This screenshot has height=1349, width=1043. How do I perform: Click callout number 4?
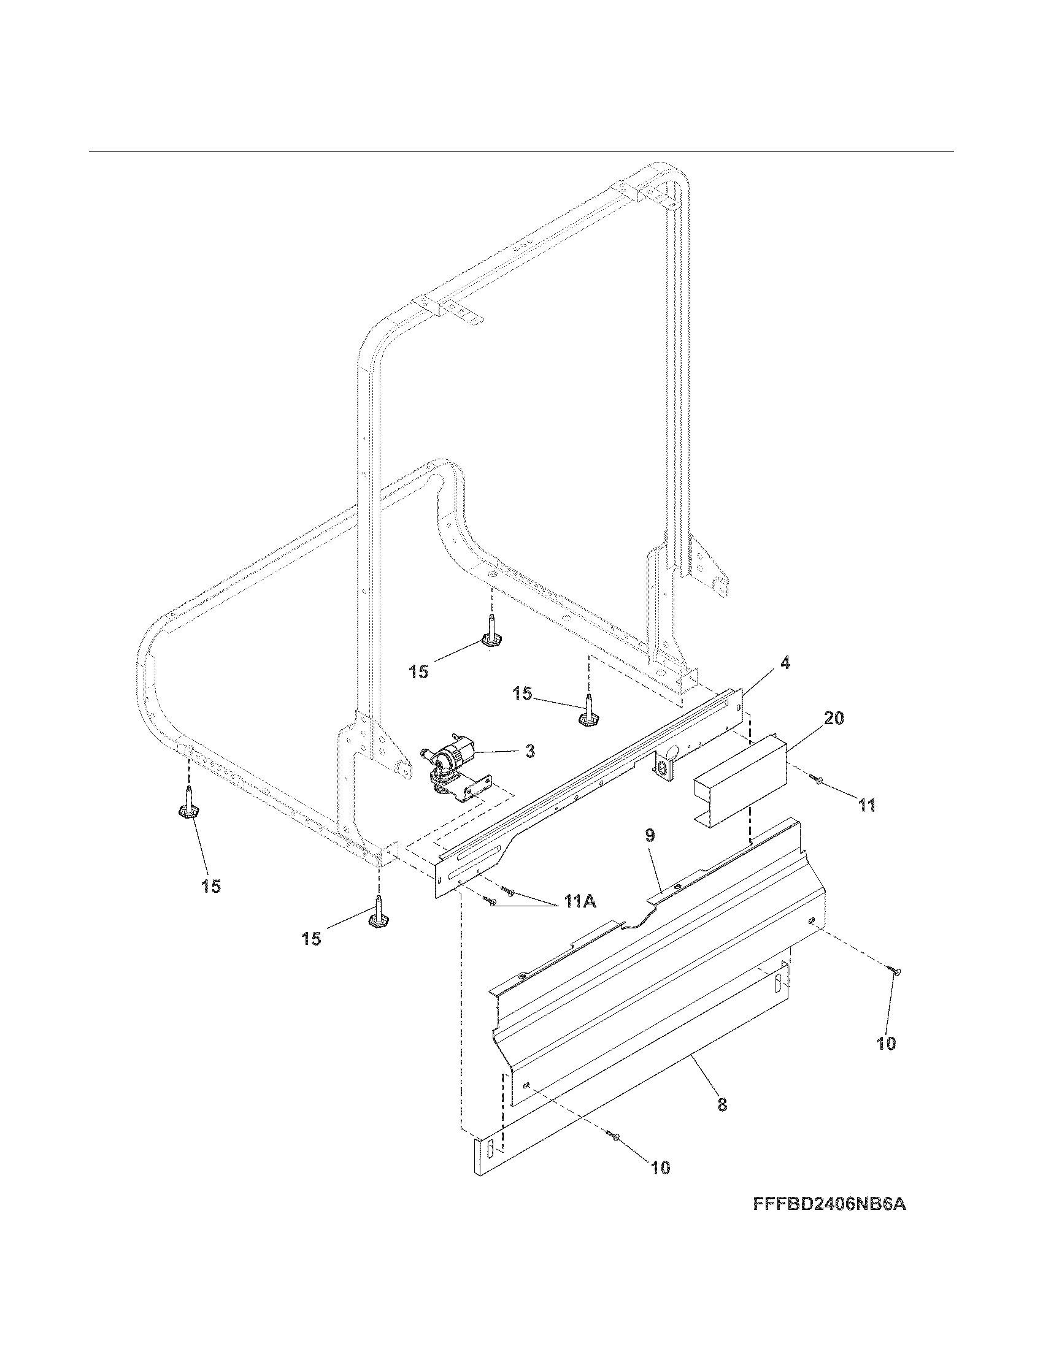click(785, 663)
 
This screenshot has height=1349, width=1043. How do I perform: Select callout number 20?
click(834, 719)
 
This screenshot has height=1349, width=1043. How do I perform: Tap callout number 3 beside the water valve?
click(529, 751)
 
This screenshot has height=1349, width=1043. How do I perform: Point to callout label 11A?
click(579, 902)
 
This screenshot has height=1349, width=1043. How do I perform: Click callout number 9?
click(649, 836)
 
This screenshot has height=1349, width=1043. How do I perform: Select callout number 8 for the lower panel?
click(722, 1104)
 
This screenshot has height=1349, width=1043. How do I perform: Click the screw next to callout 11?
click(818, 781)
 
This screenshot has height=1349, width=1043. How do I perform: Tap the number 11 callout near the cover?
click(866, 806)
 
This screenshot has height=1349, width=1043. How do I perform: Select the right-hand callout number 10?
click(885, 1043)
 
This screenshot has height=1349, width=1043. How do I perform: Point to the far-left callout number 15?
click(210, 887)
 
